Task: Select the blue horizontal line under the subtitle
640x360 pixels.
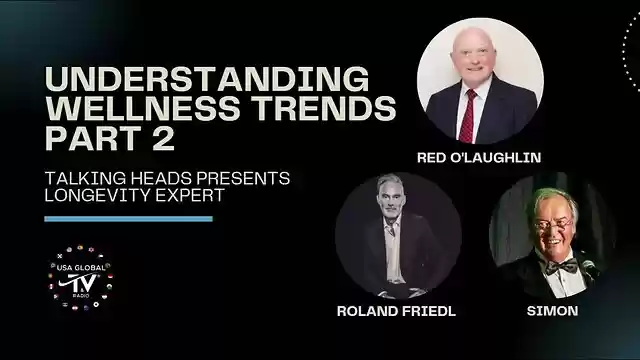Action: [x=128, y=218]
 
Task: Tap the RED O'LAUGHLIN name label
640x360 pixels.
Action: [x=480, y=157]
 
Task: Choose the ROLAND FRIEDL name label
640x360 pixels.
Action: [x=397, y=311]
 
